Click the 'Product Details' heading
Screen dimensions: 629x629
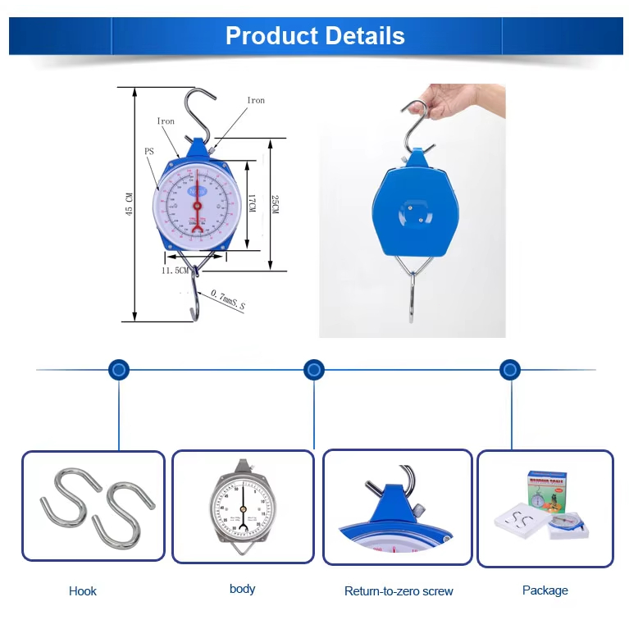(x=315, y=36)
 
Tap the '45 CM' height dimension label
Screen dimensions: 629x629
(x=129, y=203)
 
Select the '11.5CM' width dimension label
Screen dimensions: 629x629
(x=175, y=269)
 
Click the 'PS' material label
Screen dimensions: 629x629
(x=149, y=151)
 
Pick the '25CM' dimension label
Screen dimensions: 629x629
(x=276, y=205)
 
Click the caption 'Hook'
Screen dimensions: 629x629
(x=83, y=590)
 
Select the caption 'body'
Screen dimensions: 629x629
(x=243, y=589)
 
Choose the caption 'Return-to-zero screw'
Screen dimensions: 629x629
(x=399, y=590)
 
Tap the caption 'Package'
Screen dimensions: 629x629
(x=545, y=590)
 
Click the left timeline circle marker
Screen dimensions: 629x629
(x=119, y=370)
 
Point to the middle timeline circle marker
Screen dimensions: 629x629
(x=314, y=370)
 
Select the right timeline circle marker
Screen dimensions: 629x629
(x=510, y=370)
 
